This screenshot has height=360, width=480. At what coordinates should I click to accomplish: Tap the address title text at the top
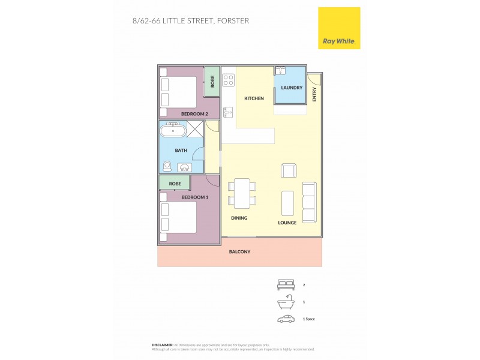point(190,20)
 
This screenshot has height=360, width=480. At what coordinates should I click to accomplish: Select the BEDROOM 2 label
point(194,114)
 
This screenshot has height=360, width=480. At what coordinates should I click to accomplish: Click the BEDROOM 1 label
point(194,196)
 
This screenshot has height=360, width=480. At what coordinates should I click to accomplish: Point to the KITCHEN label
point(254,98)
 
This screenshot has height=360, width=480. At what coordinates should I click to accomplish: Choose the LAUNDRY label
point(292,88)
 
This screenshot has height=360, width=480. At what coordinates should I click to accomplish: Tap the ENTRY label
point(314,95)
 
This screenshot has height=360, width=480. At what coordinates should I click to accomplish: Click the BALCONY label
point(239,251)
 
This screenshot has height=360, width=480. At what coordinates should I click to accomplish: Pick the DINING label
point(239,218)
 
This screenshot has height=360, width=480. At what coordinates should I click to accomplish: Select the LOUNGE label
point(287,223)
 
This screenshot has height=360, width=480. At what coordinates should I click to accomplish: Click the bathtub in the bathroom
point(173,130)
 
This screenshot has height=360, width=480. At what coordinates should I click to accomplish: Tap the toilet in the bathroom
point(167,166)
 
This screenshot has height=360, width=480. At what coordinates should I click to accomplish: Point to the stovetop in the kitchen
point(229,80)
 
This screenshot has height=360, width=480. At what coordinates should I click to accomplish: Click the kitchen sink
point(228,111)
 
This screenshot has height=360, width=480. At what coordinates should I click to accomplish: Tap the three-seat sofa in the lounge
point(310,202)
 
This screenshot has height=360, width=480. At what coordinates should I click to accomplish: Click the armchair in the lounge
point(289,170)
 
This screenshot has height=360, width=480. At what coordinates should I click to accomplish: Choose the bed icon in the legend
point(286,285)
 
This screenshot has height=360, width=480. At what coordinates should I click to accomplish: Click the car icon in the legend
point(286,319)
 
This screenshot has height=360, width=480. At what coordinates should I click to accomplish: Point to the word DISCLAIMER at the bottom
point(163,345)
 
